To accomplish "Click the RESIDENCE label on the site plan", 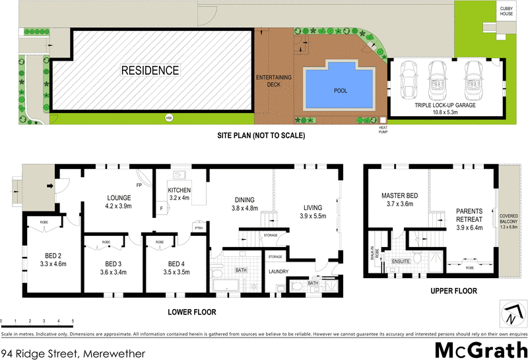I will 150,70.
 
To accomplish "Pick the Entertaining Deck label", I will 273,81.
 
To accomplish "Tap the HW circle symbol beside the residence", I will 169,118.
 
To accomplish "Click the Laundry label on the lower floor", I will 279,271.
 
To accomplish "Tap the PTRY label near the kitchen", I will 198,229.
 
